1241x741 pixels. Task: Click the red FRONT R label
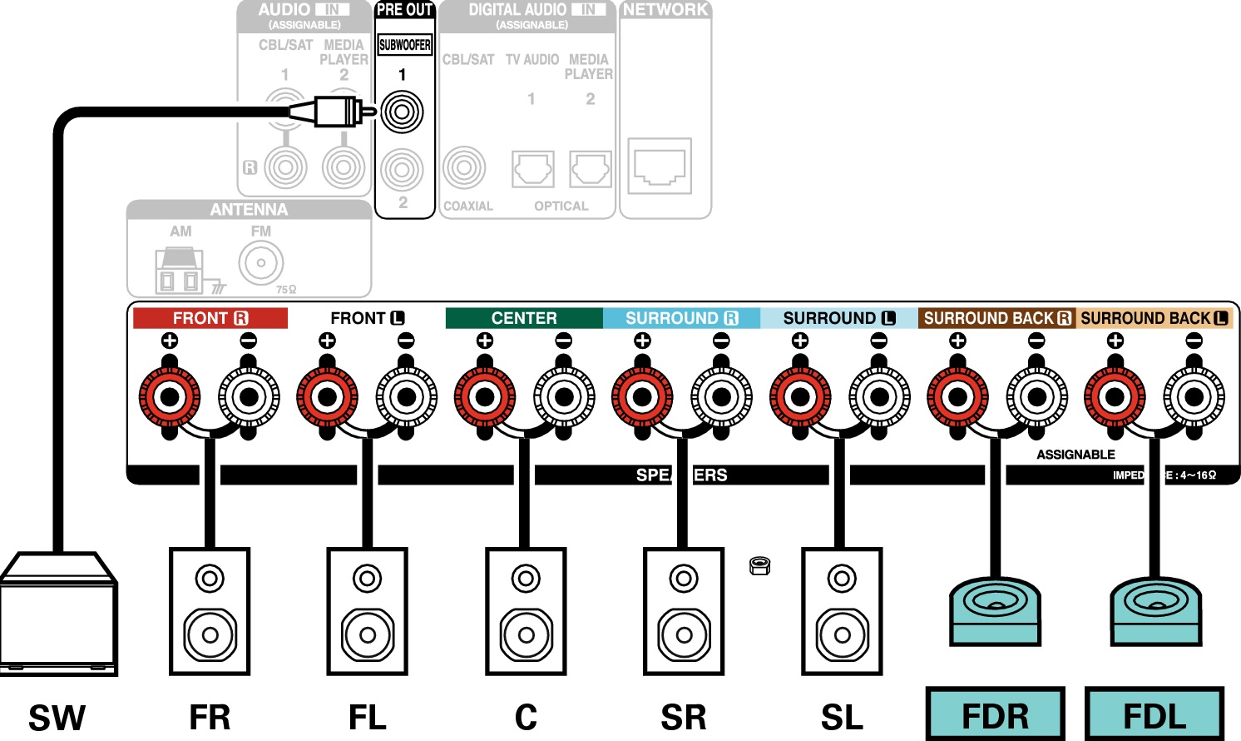point(210,318)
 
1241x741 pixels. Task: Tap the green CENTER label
point(524,318)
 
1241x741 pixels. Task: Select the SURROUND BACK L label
point(1154,318)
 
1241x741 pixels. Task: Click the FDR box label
point(995,715)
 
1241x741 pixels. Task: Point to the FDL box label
point(1154,715)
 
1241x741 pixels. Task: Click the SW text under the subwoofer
point(57,718)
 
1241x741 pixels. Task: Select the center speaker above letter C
point(526,611)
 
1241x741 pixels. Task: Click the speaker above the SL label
point(842,611)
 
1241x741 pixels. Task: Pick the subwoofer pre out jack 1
point(403,112)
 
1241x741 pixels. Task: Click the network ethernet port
point(660,166)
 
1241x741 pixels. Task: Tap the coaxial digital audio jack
point(464,167)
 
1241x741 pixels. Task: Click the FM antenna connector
point(261,263)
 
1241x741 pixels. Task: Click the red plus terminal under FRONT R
point(170,397)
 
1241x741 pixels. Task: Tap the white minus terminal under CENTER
point(564,397)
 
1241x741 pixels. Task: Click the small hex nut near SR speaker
point(759,566)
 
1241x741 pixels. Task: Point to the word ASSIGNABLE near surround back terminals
point(1075,455)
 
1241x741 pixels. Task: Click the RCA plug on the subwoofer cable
point(336,111)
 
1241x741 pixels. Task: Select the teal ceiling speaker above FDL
point(1155,610)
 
